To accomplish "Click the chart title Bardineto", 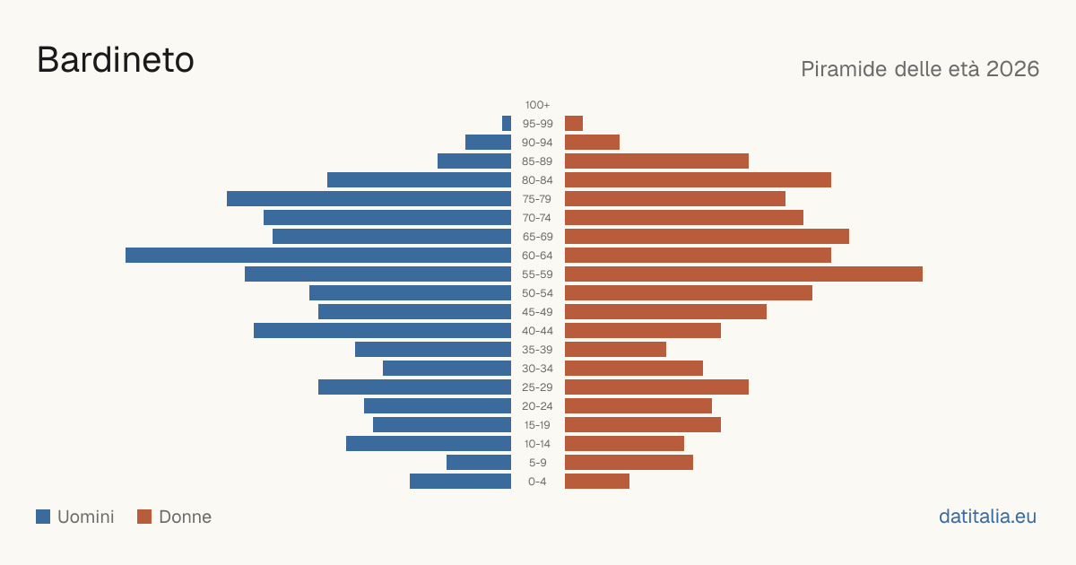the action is (116, 60).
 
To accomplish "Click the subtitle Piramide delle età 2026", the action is (920, 69).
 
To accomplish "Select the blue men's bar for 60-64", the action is (318, 255).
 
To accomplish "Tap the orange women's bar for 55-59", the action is (743, 274).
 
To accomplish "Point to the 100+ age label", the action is (537, 105).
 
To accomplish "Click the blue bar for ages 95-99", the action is (507, 124).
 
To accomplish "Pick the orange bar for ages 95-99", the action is (574, 124).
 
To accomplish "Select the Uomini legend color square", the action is (43, 517).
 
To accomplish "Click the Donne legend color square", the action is (144, 517).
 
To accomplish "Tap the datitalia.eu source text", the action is (987, 517).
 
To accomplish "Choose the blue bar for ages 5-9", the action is (479, 462).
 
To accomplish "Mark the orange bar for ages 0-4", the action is (597, 481).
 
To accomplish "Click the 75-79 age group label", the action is (537, 199).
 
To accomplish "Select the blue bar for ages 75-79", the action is (369, 198).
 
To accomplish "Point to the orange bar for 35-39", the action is (615, 349).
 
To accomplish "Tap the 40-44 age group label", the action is (537, 331).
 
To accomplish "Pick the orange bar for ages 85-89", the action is (656, 161).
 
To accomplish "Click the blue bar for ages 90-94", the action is (488, 143).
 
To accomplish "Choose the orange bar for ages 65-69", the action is (707, 237).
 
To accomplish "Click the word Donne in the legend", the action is (185, 517).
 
